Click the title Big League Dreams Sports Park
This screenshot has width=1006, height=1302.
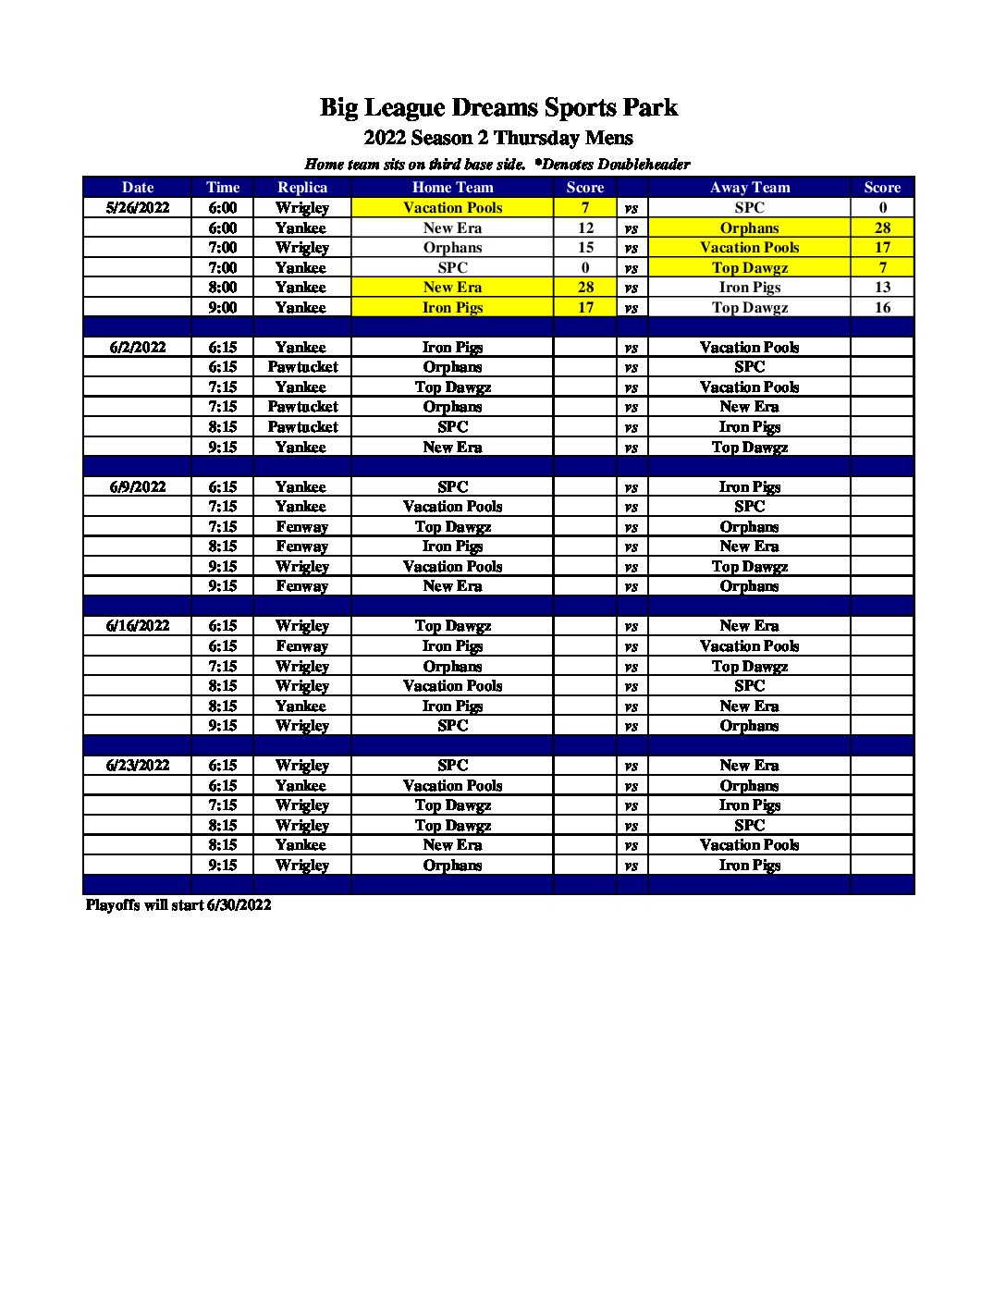pos(498,108)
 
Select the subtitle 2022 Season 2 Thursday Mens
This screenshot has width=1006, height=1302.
pos(498,139)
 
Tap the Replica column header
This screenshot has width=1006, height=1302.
pos(302,187)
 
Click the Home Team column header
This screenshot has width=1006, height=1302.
pos(452,187)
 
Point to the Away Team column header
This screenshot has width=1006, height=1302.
pos(749,187)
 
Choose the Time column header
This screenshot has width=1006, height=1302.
pos(223,187)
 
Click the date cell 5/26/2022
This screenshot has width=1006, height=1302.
pos(138,207)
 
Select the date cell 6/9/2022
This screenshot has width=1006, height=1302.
pos(138,486)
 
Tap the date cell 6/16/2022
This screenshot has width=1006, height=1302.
pos(138,626)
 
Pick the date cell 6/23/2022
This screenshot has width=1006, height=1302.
pos(138,766)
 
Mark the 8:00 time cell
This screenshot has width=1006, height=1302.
pos(223,287)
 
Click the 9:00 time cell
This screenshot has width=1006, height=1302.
pos(223,307)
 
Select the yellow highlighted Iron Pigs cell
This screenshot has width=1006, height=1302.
pos(452,307)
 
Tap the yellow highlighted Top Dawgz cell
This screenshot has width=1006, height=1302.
pos(749,267)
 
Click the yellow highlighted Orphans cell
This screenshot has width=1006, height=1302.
pos(749,227)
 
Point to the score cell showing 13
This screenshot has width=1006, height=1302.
pos(882,287)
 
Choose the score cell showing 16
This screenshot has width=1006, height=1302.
pos(882,307)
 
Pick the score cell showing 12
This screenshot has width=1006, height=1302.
pos(585,227)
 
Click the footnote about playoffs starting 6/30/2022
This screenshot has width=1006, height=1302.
pos(178,904)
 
